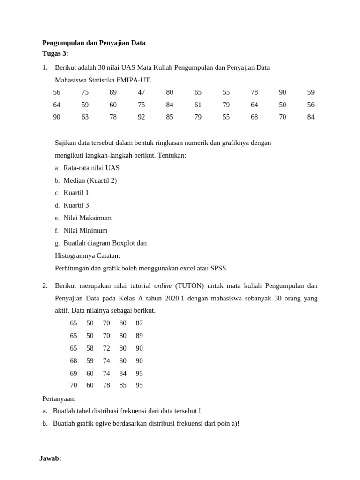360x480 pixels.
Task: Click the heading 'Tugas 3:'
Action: coord(55,53)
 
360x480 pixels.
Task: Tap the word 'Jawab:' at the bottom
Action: coord(50,458)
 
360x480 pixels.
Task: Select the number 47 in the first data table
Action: coord(142,92)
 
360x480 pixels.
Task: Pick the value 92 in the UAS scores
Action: coord(142,117)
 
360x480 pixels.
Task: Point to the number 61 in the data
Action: coord(198,105)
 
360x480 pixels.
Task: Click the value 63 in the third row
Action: coord(85,117)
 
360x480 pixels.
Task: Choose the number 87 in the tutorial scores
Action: coord(139,323)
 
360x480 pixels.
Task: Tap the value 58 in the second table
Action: coord(90,348)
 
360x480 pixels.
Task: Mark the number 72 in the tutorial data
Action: coord(106,348)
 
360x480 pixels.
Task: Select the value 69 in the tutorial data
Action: coord(74,374)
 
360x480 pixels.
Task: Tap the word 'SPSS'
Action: coord(219,268)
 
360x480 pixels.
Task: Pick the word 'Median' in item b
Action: coord(75,180)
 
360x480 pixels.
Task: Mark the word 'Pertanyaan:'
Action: coord(59,398)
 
